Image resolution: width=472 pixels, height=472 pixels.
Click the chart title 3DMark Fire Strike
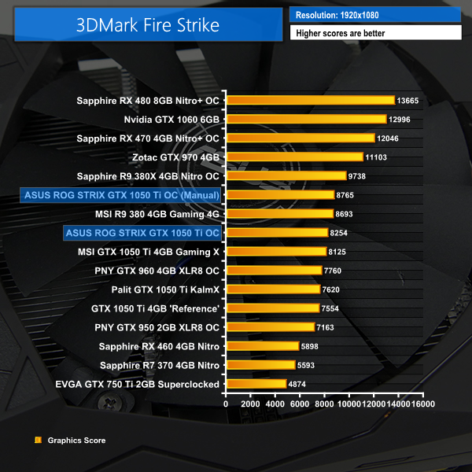pos(148,24)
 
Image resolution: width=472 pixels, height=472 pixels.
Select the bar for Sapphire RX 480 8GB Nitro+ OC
pos(310,100)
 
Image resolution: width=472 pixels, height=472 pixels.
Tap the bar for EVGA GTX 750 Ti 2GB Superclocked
pos(256,384)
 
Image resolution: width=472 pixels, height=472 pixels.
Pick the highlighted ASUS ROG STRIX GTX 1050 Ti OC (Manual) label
pos(122,194)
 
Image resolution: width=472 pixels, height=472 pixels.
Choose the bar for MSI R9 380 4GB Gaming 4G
pos(279,213)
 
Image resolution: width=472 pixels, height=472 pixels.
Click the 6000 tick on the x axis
pos(300,404)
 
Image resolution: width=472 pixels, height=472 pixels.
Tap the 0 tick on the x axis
pos(226,404)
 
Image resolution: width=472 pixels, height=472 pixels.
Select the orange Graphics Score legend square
pos(39,441)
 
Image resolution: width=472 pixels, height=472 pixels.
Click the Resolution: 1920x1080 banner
pos(374,15)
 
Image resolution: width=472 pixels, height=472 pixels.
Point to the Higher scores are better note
pos(374,33)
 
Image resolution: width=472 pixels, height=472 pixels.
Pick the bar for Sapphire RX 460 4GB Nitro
pos(262,346)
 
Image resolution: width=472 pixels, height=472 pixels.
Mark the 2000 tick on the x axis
pos(250,404)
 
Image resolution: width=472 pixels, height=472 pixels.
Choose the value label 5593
pos(309,365)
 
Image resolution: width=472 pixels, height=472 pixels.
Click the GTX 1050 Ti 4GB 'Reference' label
pos(155,308)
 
